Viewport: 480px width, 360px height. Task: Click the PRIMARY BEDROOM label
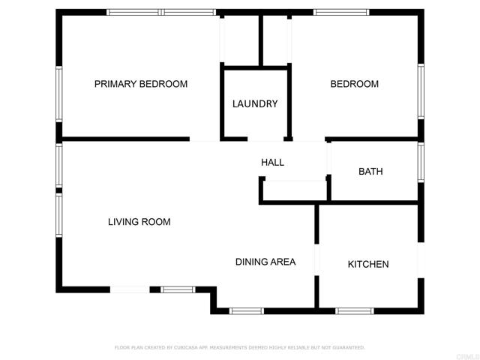coord(141,84)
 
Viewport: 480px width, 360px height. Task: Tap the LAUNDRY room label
coord(255,104)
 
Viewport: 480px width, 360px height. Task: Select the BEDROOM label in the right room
coord(355,84)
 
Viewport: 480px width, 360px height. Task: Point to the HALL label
coord(272,162)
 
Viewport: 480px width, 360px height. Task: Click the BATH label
coord(370,172)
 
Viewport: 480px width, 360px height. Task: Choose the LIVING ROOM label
coord(139,222)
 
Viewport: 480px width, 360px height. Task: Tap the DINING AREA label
coord(265,262)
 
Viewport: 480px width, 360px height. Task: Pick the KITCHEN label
coord(368,264)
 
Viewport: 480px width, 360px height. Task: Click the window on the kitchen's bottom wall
coord(354,310)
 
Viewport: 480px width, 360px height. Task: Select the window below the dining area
coord(247,310)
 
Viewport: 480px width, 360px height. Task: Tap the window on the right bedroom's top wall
coord(341,12)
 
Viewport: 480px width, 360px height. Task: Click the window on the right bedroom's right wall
coord(421,91)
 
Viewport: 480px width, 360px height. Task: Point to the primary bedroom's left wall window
coord(58,94)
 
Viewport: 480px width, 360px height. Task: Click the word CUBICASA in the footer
coord(185,348)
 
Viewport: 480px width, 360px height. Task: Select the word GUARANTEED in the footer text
coord(347,348)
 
